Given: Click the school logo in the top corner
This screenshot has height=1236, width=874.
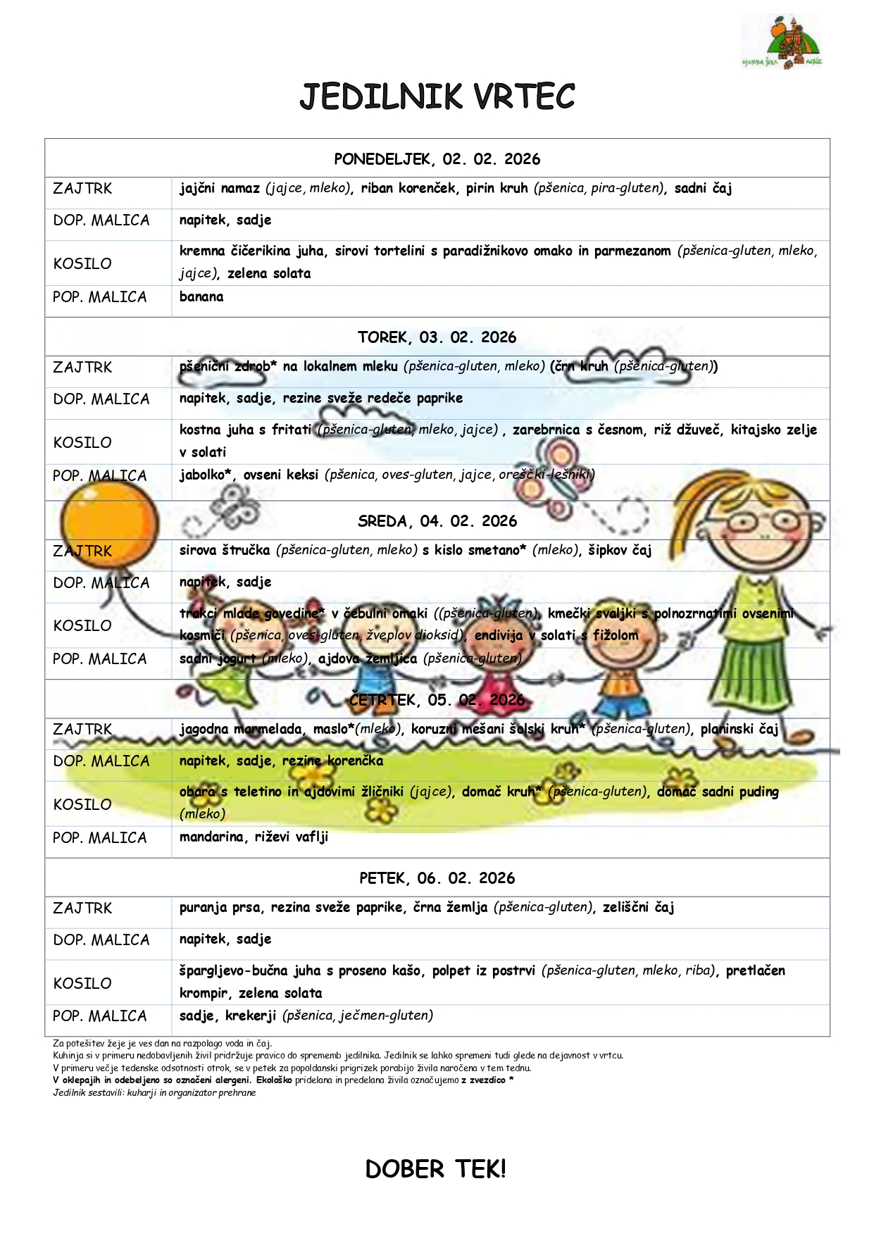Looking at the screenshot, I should click(782, 42).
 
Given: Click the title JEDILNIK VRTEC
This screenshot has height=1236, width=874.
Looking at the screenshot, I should click(437, 97).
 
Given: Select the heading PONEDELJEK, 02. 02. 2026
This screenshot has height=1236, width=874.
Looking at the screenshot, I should click(437, 159).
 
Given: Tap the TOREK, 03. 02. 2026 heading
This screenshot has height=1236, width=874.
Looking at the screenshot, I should click(437, 337).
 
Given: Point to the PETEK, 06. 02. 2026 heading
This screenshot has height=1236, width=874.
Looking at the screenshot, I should click(437, 878).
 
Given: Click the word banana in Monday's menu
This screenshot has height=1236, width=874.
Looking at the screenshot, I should click(201, 297).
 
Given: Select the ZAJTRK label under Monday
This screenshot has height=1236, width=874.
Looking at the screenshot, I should click(82, 189).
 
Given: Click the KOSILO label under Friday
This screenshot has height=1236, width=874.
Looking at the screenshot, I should click(82, 983).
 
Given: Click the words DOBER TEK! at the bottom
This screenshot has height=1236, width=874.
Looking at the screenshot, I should click(435, 1169).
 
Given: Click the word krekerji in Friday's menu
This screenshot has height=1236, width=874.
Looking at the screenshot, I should click(251, 1016).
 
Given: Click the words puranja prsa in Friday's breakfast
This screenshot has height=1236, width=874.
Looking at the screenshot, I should click(220, 908).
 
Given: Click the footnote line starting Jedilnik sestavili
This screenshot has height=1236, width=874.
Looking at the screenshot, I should click(154, 1093).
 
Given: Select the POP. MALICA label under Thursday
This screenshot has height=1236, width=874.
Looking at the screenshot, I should click(100, 838).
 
